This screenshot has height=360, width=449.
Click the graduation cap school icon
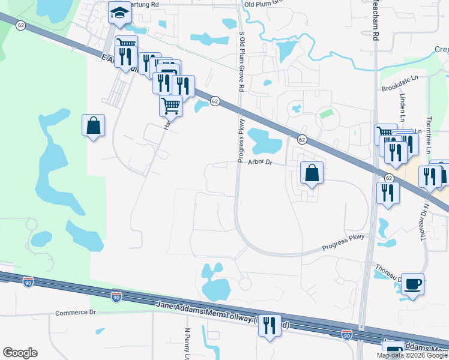[x=119, y=12]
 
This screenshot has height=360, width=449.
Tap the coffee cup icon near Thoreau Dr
[x=413, y=284]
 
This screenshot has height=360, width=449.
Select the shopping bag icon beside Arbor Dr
[x=312, y=173]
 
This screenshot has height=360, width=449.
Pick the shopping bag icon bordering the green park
[x=94, y=125]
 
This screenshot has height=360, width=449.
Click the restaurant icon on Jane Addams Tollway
[x=270, y=326]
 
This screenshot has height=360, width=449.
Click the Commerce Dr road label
[x=76, y=313]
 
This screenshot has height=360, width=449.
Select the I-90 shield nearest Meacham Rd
[x=346, y=334]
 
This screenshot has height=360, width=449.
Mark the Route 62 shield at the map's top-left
[x=21, y=25]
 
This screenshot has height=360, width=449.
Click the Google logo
[x=20, y=353]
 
